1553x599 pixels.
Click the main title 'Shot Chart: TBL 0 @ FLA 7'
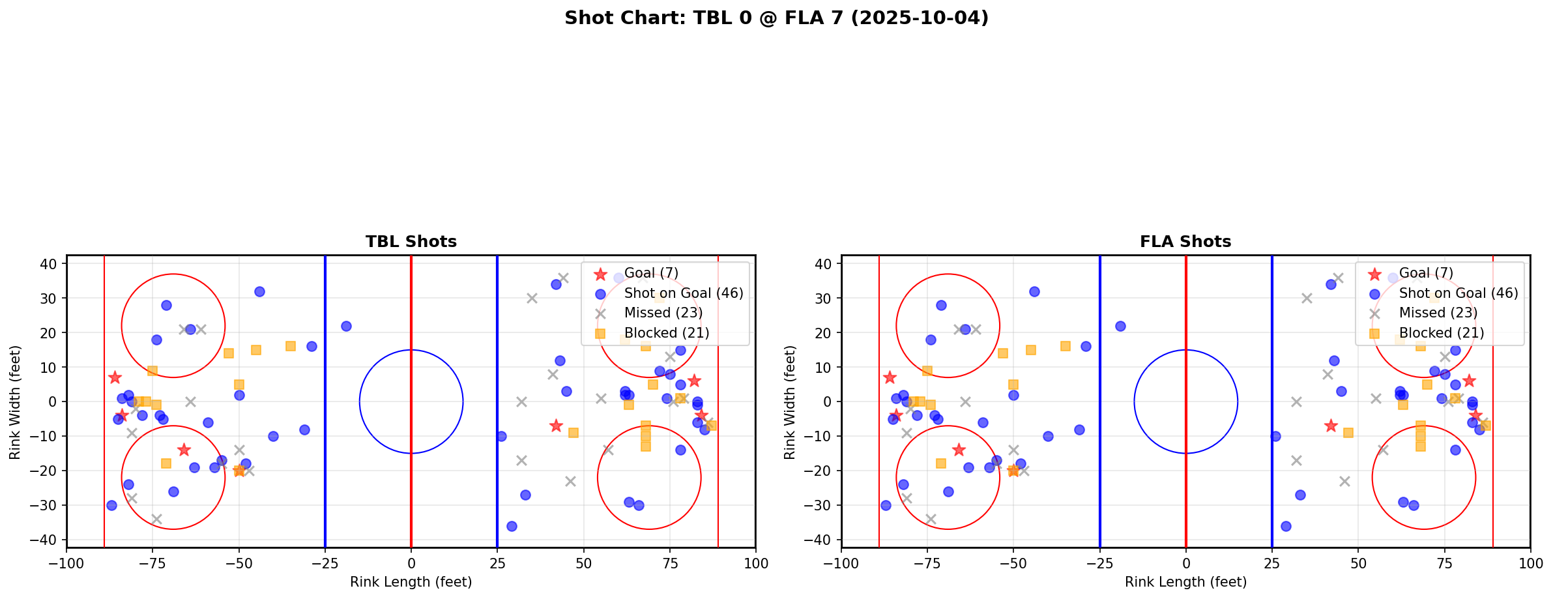coord(776,18)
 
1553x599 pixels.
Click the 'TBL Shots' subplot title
coord(411,242)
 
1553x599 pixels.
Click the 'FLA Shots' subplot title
coord(1185,242)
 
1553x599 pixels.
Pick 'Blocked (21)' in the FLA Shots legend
coord(1442,333)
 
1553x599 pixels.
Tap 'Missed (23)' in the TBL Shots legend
coord(663,313)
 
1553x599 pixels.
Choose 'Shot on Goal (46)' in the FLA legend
coord(1459,293)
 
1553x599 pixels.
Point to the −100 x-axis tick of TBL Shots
coord(66,562)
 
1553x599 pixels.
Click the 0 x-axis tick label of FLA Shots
coord(1186,562)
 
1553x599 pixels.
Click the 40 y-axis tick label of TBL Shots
coord(51,264)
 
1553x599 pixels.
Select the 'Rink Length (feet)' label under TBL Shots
coord(411,582)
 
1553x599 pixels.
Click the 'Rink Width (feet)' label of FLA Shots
coord(790,402)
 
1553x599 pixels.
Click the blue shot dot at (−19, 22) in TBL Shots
coord(346,326)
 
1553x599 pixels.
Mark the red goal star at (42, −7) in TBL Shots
coord(556,426)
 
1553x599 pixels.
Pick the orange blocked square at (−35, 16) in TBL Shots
coord(291,346)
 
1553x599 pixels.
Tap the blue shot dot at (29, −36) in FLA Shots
coord(1286,526)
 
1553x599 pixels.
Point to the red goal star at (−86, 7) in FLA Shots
coord(890,377)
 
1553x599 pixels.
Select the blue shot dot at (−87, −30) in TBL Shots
coord(111,505)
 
